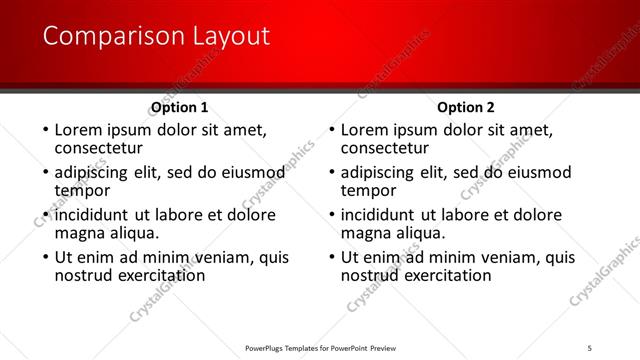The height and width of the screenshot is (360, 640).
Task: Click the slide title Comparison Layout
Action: tap(156, 36)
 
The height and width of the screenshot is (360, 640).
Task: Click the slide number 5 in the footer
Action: tap(591, 348)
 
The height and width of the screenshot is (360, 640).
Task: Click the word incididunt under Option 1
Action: tap(93, 215)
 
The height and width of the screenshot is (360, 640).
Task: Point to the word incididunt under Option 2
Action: tap(380, 215)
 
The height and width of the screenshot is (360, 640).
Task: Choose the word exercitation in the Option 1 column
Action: tap(163, 275)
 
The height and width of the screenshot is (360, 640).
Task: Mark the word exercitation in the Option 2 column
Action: tap(450, 275)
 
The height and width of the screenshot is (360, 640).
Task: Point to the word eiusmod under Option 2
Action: tap(536, 172)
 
